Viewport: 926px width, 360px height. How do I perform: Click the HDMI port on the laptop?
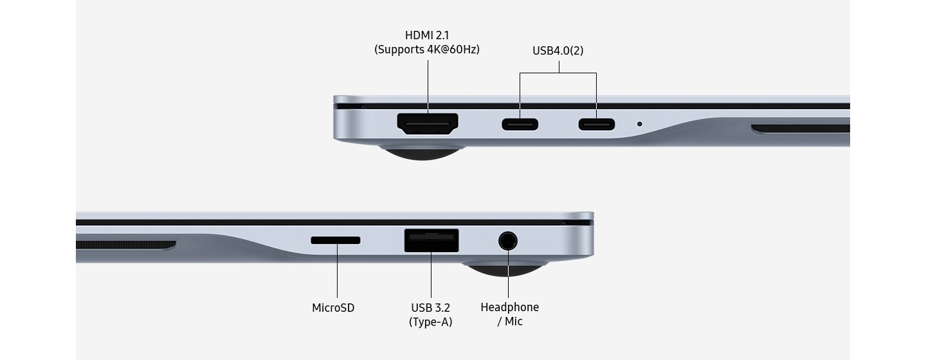click(428, 123)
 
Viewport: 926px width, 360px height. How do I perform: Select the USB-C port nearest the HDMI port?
click(520, 124)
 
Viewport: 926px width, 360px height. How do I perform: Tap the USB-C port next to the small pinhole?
click(597, 124)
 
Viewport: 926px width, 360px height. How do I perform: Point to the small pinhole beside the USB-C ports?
click(639, 124)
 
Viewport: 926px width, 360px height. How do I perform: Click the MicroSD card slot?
click(335, 240)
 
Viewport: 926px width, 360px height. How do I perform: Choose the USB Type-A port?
click(431, 240)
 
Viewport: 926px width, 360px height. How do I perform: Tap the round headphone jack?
click(508, 241)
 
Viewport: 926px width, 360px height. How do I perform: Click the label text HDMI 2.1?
click(427, 35)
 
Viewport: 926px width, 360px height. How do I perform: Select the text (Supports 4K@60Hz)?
click(427, 50)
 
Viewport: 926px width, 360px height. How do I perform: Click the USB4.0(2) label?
click(558, 50)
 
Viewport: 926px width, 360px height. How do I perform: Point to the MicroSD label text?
click(333, 308)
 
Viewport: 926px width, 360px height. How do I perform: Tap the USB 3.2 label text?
click(430, 308)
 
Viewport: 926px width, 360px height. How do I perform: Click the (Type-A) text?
click(430, 322)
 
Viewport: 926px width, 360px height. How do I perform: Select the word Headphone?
click(510, 307)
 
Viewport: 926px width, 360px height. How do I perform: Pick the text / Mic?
click(510, 321)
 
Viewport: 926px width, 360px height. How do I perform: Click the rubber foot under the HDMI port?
click(422, 152)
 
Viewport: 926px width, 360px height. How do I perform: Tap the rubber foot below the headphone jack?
click(505, 269)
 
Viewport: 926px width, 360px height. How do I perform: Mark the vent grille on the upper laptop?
click(801, 129)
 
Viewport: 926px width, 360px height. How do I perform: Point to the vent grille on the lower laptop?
click(126, 245)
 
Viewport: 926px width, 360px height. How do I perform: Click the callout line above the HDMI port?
click(428, 86)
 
